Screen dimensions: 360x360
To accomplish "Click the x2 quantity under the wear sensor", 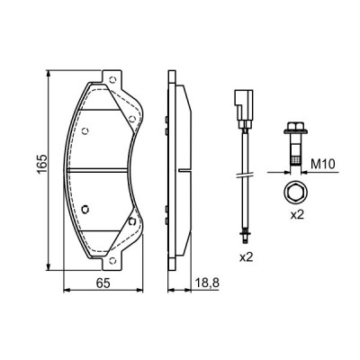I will pyautogui.click(x=247, y=258).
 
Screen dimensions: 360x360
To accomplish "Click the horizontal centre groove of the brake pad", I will pyautogui.click(x=103, y=170).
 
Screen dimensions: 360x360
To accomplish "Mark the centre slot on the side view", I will pyautogui.click(x=185, y=170).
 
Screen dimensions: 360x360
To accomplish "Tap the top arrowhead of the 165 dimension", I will pyautogui.click(x=48, y=73).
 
